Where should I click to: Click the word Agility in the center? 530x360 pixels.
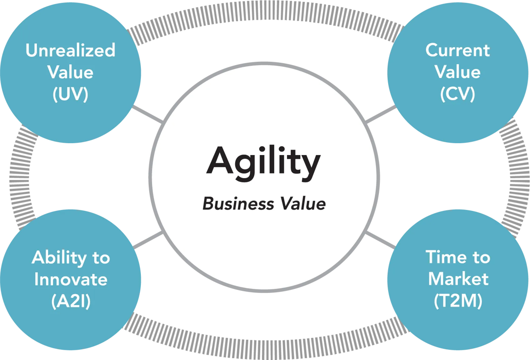pyautogui.click(x=264, y=162)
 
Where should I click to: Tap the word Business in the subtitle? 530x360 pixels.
pyautogui.click(x=231, y=204)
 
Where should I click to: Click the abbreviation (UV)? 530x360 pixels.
pyautogui.click(x=70, y=94)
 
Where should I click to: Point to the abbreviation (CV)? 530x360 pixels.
pyautogui.click(x=457, y=94)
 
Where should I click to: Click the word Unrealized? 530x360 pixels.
pyautogui.click(x=70, y=50)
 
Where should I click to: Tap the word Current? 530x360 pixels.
pyautogui.click(x=457, y=50)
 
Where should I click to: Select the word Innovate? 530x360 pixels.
pyautogui.click(x=71, y=280)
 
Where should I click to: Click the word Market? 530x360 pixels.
pyautogui.click(x=458, y=279)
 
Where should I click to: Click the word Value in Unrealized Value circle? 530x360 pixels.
pyautogui.click(x=70, y=72)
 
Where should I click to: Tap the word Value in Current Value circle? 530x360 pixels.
pyautogui.click(x=457, y=72)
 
